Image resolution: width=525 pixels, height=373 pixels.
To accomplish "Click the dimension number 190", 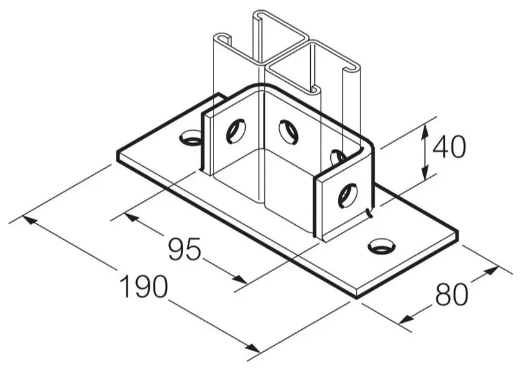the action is [x=144, y=287].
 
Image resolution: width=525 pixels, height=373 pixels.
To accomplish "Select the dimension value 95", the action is [x=184, y=249].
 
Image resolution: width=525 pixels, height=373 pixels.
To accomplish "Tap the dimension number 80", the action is [x=451, y=294].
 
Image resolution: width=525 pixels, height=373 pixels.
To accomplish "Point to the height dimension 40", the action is [x=449, y=147].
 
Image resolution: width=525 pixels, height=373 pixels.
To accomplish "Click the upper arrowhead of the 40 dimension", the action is [x=424, y=131].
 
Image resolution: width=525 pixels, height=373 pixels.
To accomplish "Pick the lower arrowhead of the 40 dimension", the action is [x=424, y=172].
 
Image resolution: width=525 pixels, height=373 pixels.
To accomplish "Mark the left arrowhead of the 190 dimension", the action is [x=30, y=220].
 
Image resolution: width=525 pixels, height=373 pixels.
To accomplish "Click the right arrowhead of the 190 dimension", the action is [x=253, y=348].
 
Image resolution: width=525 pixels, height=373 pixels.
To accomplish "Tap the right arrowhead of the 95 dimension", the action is [x=240, y=279].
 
